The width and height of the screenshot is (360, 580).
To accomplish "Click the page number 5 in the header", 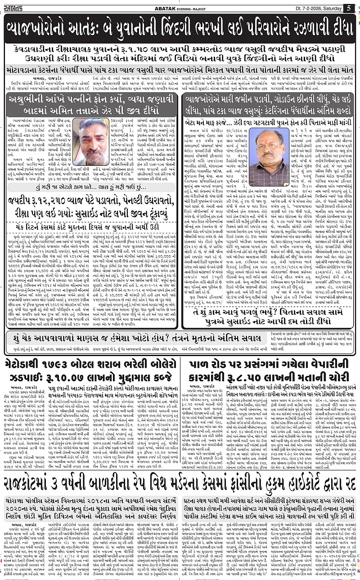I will pos(349,8).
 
